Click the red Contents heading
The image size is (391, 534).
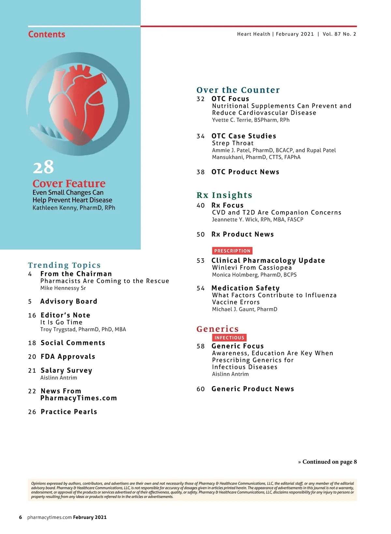click(47, 34)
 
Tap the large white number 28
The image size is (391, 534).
click(43, 167)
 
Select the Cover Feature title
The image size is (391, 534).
click(69, 184)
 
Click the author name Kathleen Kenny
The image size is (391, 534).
click(74, 208)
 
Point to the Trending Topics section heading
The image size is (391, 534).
click(64, 265)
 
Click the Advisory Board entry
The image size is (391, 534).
click(69, 302)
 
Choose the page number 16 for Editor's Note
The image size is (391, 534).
click(32, 316)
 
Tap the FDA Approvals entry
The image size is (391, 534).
click(68, 357)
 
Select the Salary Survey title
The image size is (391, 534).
click(66, 370)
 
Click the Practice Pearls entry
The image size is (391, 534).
click(69, 412)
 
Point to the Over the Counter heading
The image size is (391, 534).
click(238, 90)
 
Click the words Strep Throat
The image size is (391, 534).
click(233, 143)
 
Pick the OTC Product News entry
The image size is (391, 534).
click(245, 172)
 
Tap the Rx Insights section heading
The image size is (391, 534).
click(224, 195)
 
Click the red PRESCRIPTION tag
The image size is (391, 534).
click(232, 251)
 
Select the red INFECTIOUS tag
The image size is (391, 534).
click(229, 338)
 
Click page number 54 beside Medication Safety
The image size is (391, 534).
click(201, 288)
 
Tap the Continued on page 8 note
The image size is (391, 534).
click(327, 462)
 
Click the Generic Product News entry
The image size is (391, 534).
click(253, 389)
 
